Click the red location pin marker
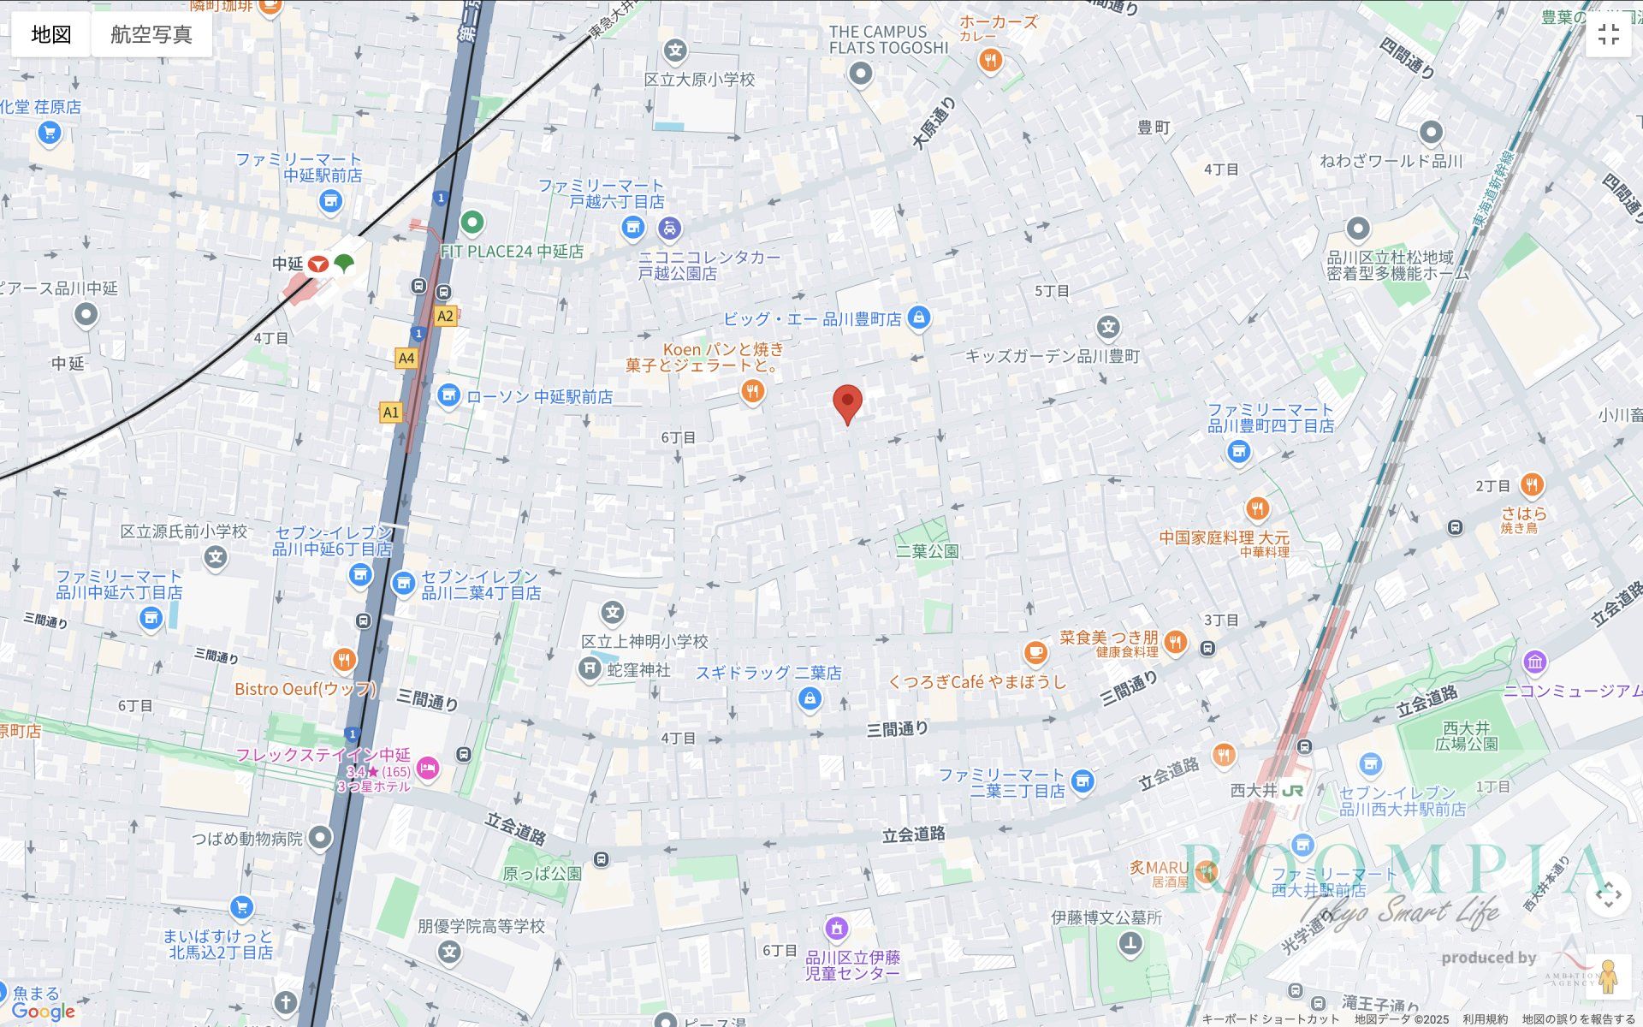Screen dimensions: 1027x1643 (847, 403)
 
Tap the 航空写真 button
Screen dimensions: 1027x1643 (151, 34)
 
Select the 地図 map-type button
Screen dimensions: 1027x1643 (50, 34)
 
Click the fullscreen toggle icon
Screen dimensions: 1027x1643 (1608, 34)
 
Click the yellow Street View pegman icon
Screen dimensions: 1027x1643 (1608, 977)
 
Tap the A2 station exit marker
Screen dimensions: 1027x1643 (445, 316)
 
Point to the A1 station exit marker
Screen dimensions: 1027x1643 (391, 413)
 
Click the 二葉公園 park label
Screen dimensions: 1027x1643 (927, 551)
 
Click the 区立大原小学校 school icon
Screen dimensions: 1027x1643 (676, 50)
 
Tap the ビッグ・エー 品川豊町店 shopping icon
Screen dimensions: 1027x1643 (918, 318)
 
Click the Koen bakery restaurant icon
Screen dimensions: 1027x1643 (752, 392)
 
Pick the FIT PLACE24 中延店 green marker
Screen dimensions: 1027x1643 (472, 223)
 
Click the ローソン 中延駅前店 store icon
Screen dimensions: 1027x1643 (448, 395)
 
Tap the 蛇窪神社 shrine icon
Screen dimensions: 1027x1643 (590, 668)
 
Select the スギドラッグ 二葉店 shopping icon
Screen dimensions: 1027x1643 (810, 699)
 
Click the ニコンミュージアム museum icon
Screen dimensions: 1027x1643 (1534, 662)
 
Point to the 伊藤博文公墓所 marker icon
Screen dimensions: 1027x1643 (1130, 944)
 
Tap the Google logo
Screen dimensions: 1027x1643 (44, 1012)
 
